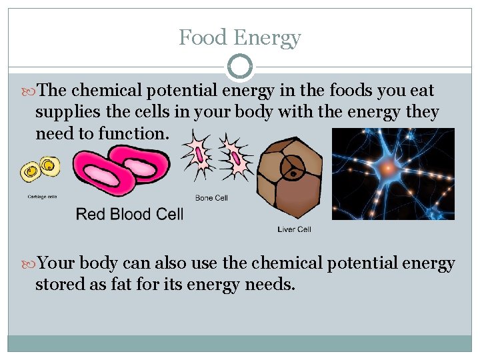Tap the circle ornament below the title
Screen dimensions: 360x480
coord(240,67)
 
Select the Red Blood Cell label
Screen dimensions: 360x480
coord(129,214)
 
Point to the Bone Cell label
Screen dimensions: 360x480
coord(211,197)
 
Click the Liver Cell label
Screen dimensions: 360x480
coord(294,229)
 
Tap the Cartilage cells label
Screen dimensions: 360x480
coord(42,196)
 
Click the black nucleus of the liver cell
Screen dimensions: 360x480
coord(293,175)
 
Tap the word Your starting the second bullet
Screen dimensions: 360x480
coord(57,263)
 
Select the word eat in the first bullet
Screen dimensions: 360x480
coord(421,90)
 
